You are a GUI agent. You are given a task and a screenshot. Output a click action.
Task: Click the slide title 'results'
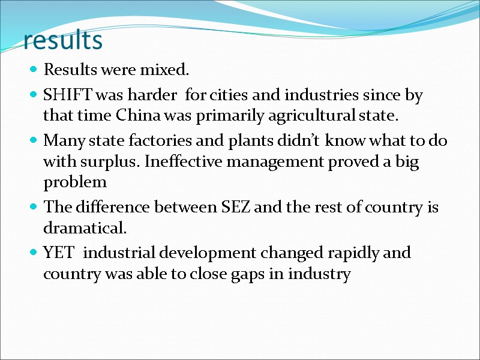(x=63, y=40)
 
